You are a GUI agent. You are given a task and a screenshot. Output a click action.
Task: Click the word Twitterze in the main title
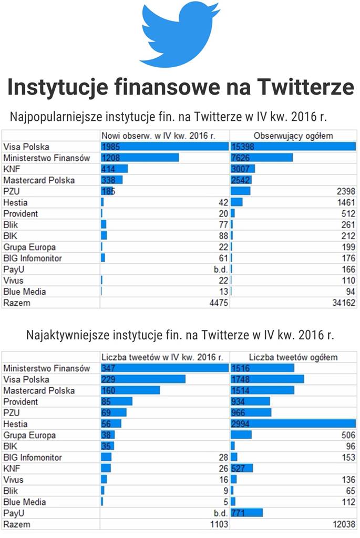click(301, 87)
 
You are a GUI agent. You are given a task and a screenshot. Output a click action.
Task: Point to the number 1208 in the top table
click(111, 158)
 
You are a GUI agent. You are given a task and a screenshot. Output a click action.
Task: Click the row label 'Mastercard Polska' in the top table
click(39, 180)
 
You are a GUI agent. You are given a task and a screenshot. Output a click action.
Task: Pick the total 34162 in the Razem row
click(344, 303)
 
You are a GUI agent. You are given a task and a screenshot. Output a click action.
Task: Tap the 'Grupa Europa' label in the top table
click(29, 247)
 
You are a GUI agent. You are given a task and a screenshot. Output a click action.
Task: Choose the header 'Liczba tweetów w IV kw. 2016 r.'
click(163, 357)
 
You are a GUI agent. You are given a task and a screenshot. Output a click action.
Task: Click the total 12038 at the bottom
click(344, 524)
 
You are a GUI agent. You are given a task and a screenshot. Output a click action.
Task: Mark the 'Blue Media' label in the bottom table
click(25, 502)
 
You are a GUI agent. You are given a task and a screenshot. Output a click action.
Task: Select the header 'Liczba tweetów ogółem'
click(293, 357)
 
